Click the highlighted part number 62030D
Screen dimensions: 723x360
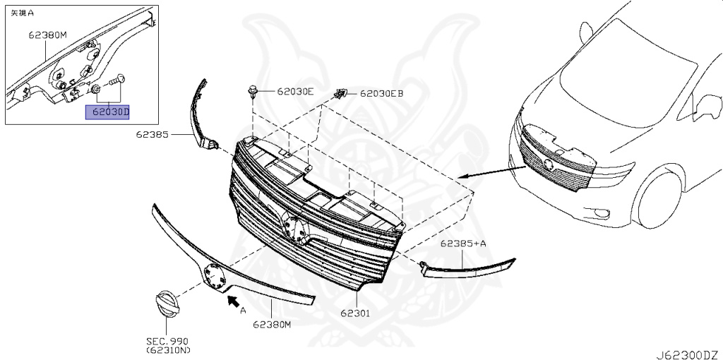108,112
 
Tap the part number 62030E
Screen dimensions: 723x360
294,91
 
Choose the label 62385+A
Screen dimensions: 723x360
463,244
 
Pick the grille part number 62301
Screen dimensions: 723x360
355,311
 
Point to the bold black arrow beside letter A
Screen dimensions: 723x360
230,303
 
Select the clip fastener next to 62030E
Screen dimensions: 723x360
253,91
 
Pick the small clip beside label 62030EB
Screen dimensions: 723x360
341,93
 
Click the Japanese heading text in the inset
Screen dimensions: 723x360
22,12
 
